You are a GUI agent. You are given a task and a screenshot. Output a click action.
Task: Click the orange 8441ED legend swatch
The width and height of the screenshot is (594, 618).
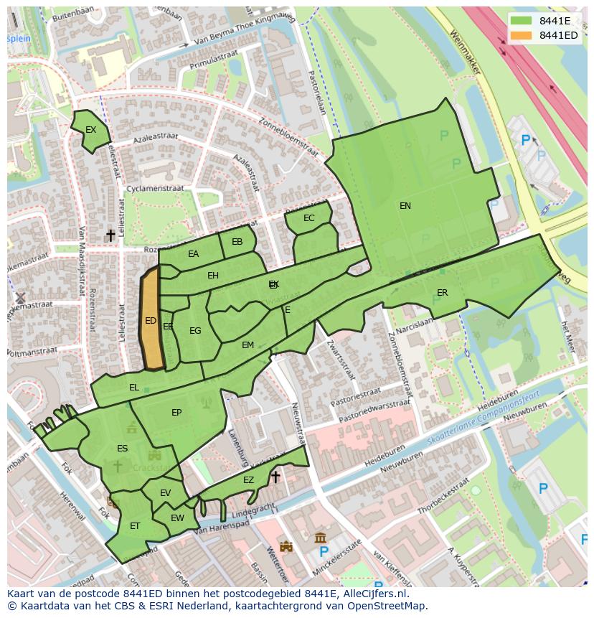pos(522,35)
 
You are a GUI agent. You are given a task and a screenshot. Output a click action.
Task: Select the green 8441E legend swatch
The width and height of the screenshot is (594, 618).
pos(522,21)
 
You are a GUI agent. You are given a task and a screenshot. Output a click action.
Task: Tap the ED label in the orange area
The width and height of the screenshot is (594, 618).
pos(151,321)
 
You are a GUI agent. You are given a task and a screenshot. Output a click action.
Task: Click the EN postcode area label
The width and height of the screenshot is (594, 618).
pos(405,206)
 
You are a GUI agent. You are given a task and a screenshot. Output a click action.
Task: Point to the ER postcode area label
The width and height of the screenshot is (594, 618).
pos(442,293)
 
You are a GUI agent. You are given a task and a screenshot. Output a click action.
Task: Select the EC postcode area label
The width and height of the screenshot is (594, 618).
pos(308,218)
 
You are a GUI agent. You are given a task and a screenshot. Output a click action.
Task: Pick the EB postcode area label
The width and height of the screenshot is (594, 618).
pos(237,242)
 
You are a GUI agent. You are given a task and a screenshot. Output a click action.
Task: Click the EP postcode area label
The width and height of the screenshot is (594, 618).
pos(176,413)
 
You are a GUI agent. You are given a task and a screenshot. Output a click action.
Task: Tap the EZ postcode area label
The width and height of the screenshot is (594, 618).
pos(248,480)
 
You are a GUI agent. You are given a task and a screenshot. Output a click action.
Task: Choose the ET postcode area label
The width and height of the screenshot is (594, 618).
pos(135,526)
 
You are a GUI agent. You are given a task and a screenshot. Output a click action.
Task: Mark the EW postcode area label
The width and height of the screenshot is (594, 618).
pos(177,518)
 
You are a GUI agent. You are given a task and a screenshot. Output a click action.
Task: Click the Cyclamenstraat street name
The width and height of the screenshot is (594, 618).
pos(154,189)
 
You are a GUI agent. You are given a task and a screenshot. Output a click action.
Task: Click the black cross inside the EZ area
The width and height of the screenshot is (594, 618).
pos(275,477)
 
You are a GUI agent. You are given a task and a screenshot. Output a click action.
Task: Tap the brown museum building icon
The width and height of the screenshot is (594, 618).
pos(321,537)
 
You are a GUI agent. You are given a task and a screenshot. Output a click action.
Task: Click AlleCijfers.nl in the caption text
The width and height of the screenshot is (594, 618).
pos(373,594)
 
